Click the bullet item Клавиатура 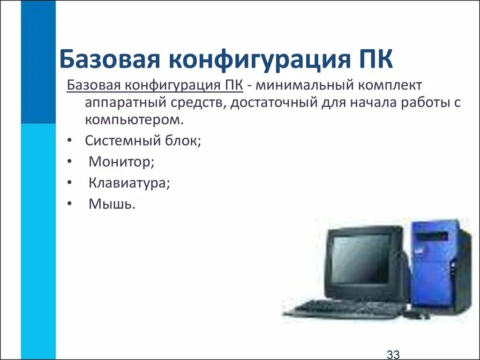(x=129, y=183)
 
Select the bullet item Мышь (x=112, y=204)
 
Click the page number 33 (x=393, y=354)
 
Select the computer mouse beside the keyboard (x=417, y=315)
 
